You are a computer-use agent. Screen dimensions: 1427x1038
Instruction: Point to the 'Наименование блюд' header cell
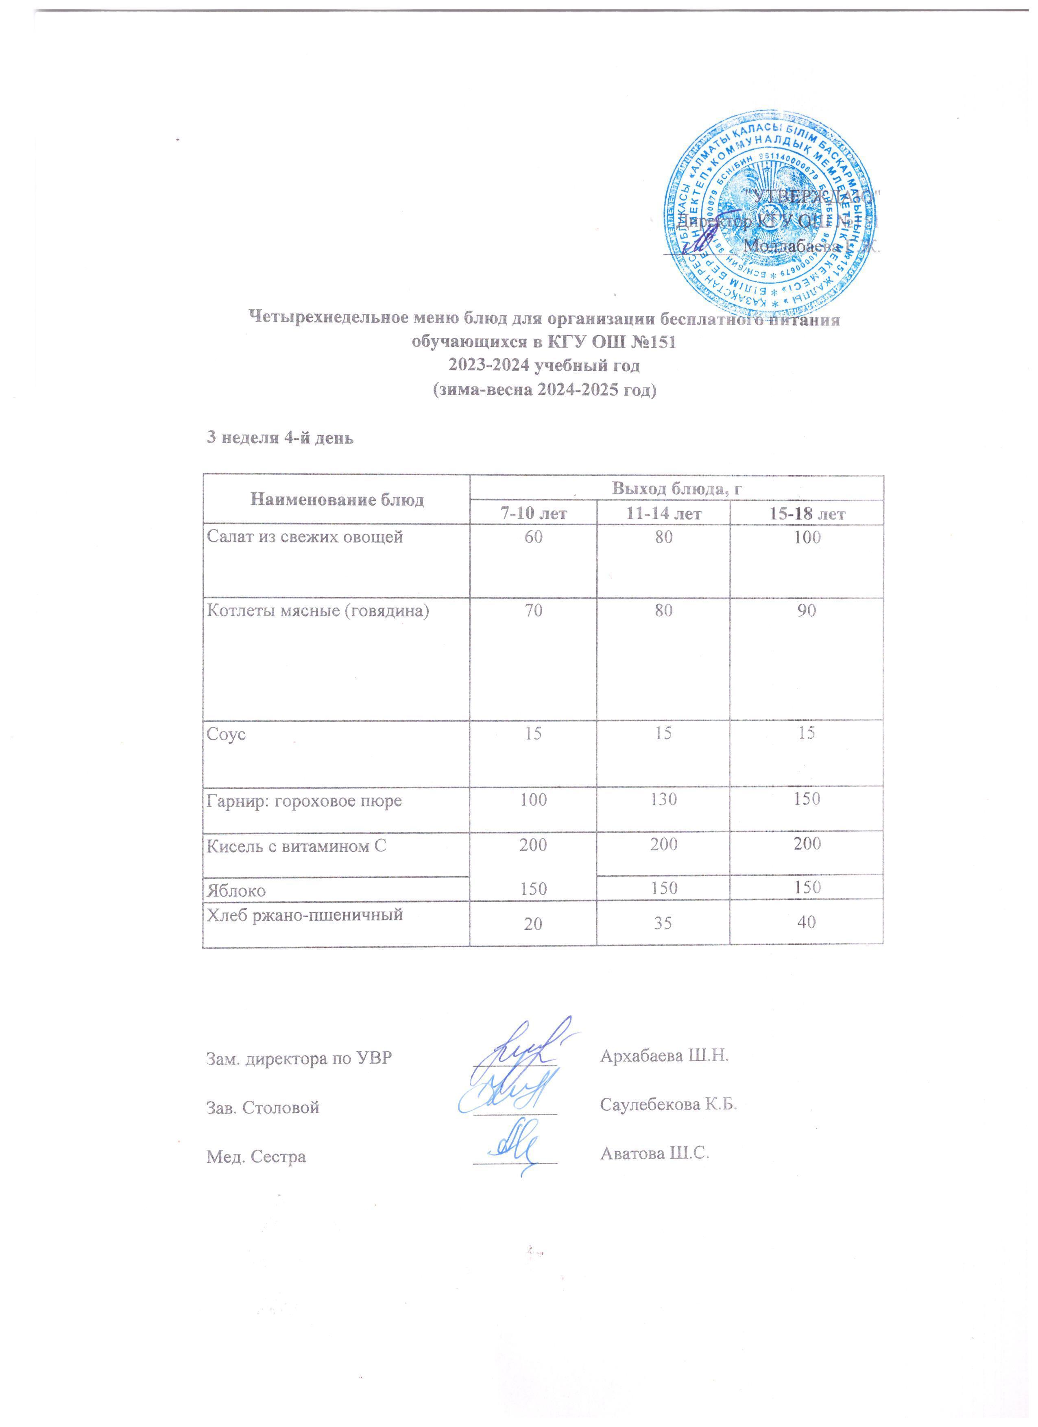(x=337, y=500)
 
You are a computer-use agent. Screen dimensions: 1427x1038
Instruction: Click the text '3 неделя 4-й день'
(x=281, y=439)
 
